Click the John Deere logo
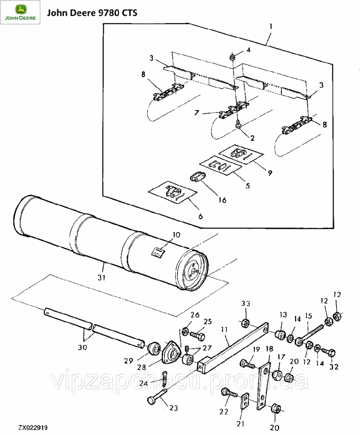20,12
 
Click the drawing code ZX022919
33,428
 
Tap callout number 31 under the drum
101,278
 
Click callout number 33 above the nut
246,304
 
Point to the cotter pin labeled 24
165,378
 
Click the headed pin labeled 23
157,397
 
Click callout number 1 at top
271,27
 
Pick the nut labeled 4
232,57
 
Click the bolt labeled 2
238,124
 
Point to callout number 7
196,113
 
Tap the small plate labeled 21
244,401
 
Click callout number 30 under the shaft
82,347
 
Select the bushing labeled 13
280,334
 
